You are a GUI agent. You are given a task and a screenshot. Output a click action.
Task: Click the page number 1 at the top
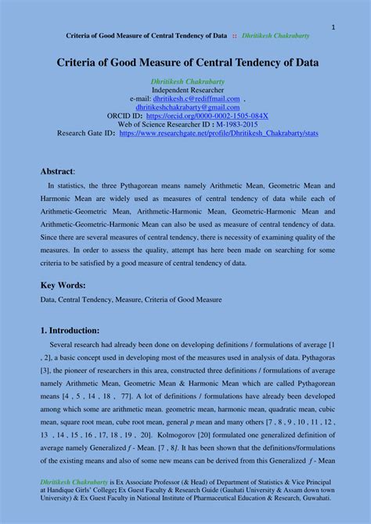pyautogui.click(x=333, y=27)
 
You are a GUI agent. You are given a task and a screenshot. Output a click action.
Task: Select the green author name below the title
pyautogui.click(x=187, y=81)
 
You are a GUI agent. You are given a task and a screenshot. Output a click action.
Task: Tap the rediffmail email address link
pyautogui.click(x=196, y=99)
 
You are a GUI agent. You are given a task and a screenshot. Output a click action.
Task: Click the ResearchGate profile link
pyautogui.click(x=218, y=133)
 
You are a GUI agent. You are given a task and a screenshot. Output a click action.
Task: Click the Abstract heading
pyautogui.click(x=57, y=170)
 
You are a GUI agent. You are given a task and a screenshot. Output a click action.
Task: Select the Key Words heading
pyautogui.click(x=63, y=285)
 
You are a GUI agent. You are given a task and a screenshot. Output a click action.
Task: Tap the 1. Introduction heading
pyautogui.click(x=70, y=330)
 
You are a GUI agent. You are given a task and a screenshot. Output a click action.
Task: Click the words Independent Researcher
pyautogui.click(x=187, y=90)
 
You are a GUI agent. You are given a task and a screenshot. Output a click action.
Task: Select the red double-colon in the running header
pyautogui.click(x=234, y=36)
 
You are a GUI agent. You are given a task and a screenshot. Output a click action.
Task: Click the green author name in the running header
pyautogui.click(x=276, y=36)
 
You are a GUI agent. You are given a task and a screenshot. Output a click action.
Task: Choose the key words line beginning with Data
pyautogui.click(x=131, y=300)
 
